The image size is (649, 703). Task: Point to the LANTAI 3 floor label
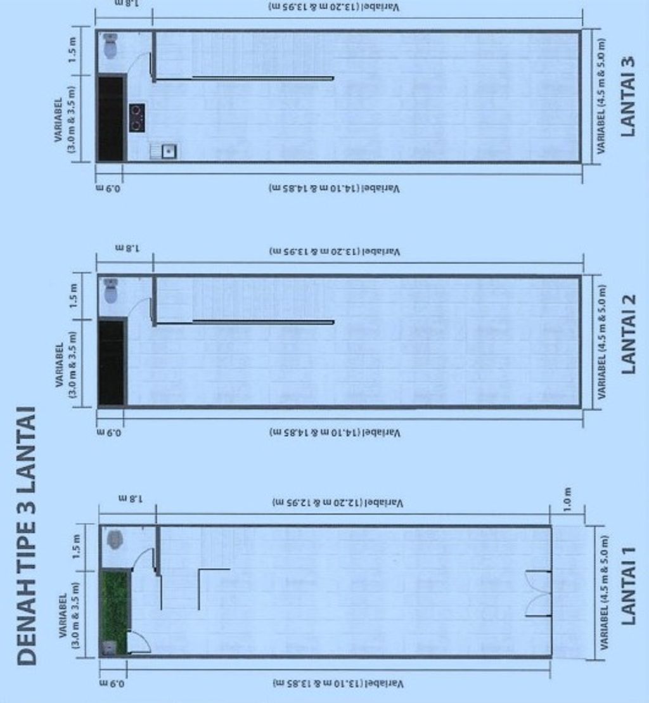click(x=628, y=96)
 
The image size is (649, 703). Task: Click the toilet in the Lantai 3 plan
click(x=110, y=46)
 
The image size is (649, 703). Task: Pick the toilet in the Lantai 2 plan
click(x=112, y=291)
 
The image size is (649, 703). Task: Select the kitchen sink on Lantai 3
click(x=168, y=151)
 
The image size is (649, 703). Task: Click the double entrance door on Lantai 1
click(x=537, y=594)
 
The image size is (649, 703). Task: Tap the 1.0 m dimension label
click(x=567, y=500)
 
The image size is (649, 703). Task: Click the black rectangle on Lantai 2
click(x=112, y=363)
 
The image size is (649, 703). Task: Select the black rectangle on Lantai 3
click(x=110, y=119)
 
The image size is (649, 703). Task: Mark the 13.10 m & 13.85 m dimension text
click(x=337, y=683)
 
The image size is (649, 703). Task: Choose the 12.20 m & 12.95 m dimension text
click(x=337, y=503)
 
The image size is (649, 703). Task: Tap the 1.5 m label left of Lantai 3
click(x=74, y=51)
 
